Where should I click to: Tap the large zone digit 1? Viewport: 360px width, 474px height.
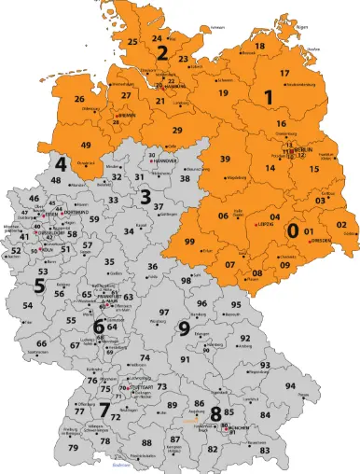point(269,96)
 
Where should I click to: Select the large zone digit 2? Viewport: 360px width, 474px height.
point(161,52)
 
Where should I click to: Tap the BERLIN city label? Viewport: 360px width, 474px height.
point(304,149)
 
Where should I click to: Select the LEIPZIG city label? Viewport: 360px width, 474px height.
point(264,225)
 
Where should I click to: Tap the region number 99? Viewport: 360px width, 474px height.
point(189,242)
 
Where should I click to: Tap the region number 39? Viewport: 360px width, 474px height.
point(225,160)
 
